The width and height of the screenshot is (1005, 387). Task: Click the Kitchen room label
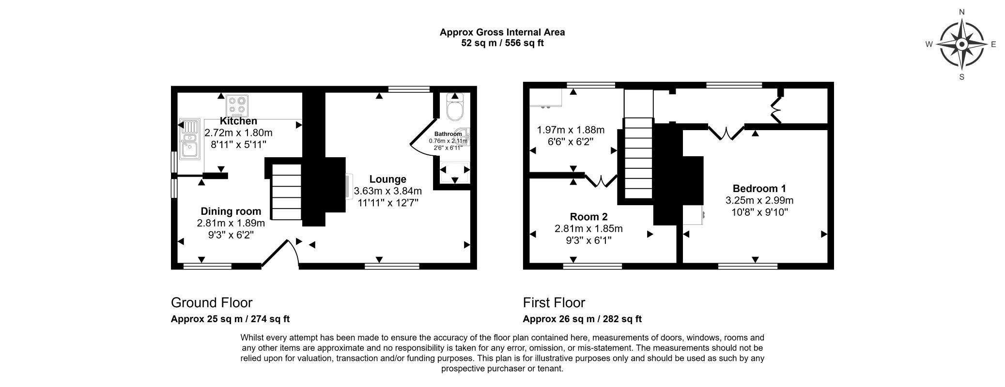tap(238, 121)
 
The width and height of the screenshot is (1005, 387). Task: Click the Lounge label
tap(387, 179)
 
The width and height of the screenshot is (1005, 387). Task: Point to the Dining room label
tap(231, 211)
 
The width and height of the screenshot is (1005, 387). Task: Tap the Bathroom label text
tap(448, 134)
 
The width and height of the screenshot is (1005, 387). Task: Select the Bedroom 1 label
tap(759, 189)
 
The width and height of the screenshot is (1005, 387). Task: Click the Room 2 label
tap(588, 217)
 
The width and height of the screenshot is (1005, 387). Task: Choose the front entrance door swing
tap(280, 252)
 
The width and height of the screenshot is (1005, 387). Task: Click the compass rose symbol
tap(962, 45)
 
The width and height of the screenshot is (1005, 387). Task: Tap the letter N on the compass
tap(962, 12)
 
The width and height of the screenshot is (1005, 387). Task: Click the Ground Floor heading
tap(212, 303)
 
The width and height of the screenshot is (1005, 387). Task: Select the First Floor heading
tap(554, 303)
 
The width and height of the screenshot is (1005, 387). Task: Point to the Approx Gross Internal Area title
tap(502, 32)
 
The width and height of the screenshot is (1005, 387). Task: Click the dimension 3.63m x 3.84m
tap(388, 191)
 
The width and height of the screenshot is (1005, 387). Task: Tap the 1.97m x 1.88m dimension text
tap(571, 130)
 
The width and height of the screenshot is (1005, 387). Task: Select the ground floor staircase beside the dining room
tap(287, 193)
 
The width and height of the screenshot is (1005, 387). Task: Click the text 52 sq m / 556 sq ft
tap(502, 43)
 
